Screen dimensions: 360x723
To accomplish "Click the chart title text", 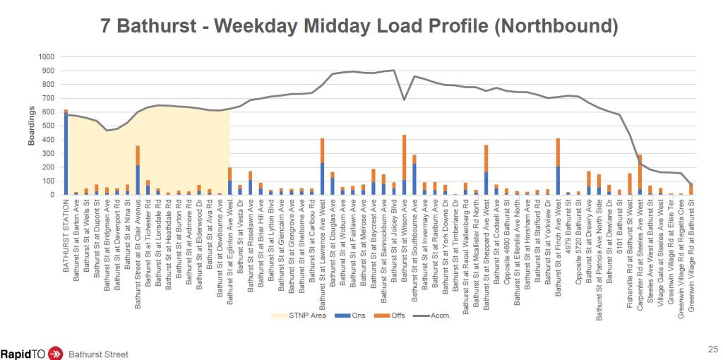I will pyautogui.click(x=361, y=27).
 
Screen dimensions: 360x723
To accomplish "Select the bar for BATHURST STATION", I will pyautogui.click(x=66, y=152).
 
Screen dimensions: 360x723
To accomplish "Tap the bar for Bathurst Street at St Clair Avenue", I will pyautogui.click(x=138, y=170).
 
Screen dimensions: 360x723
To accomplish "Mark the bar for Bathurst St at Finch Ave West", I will pyautogui.click(x=558, y=167).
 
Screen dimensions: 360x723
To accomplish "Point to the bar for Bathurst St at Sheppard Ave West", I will pyautogui.click(x=486, y=169).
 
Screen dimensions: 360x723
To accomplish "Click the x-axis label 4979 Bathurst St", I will pyautogui.click(x=568, y=222).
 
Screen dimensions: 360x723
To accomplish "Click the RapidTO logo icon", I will pyautogui.click(x=54, y=352).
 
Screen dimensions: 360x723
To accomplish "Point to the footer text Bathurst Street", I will pyautogui.click(x=99, y=352).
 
